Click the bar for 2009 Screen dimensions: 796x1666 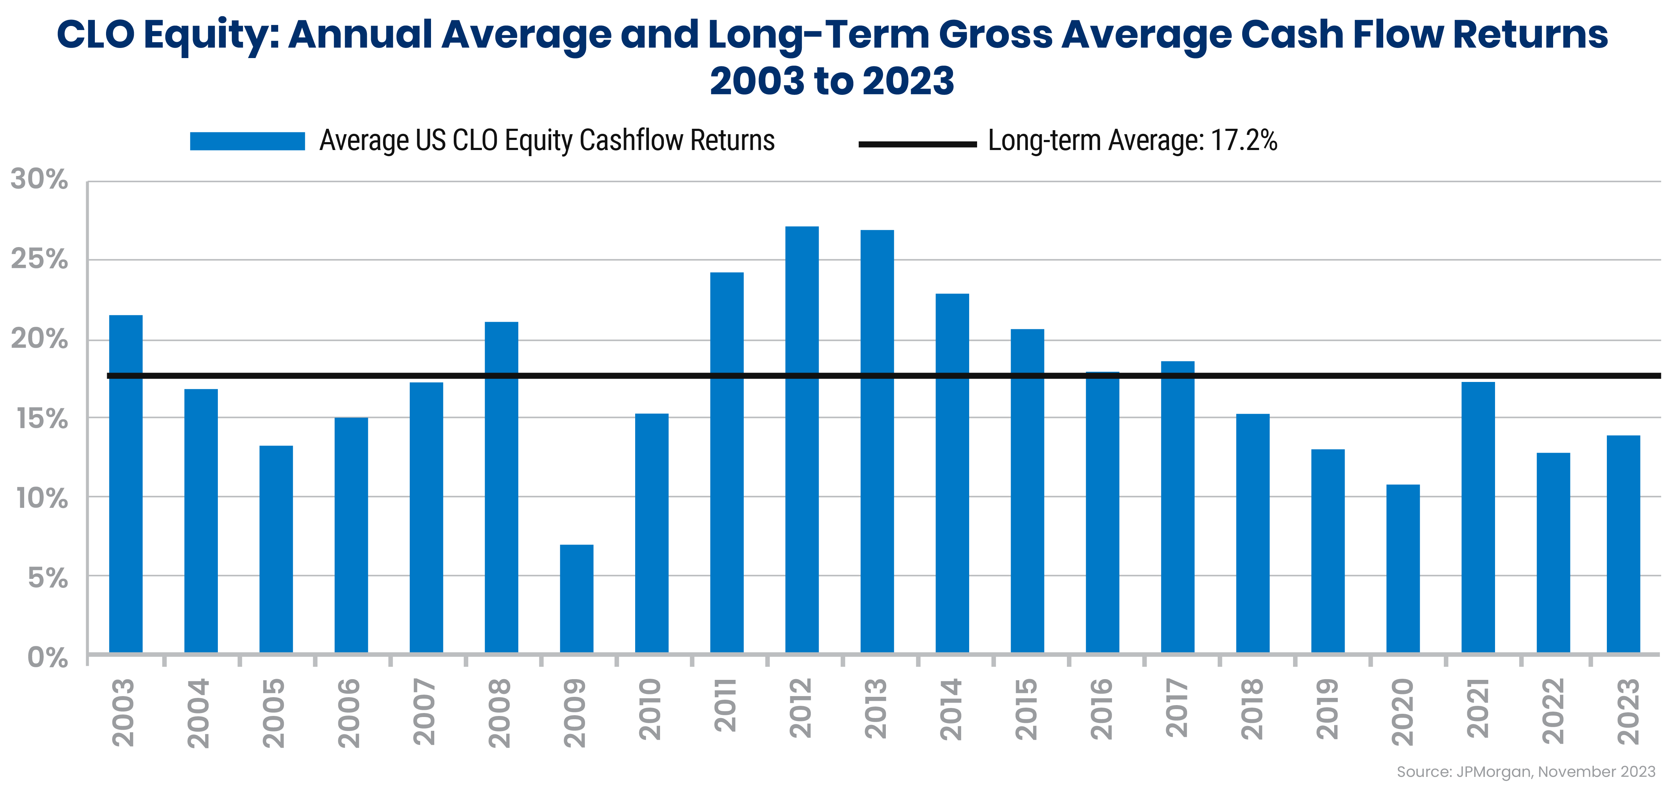576,598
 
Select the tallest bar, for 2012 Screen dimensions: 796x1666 801,440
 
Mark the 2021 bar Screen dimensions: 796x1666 1478,517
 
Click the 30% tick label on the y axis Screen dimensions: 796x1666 39,179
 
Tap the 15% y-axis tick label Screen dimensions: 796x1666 41,419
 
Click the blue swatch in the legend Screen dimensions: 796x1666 247,141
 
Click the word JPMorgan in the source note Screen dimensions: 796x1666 1494,771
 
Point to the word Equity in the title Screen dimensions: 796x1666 211,36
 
